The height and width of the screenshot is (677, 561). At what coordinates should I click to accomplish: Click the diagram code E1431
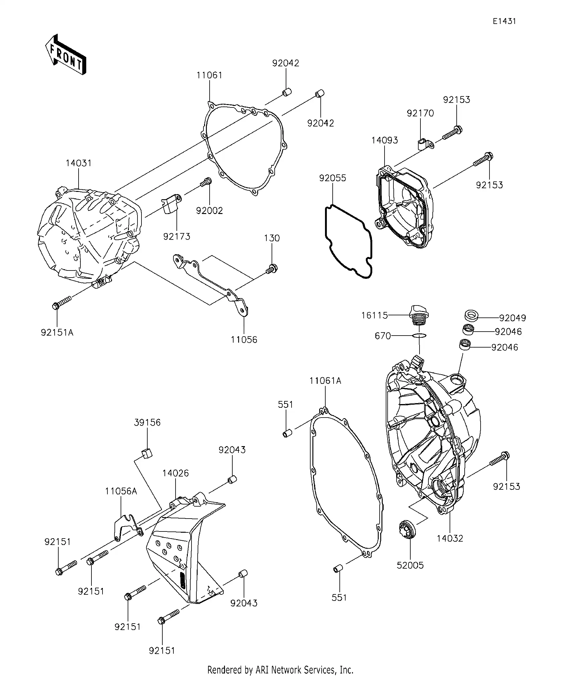click(x=504, y=21)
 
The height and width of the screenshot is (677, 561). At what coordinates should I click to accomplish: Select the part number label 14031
click(x=79, y=163)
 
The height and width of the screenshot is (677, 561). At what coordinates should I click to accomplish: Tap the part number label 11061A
click(x=325, y=381)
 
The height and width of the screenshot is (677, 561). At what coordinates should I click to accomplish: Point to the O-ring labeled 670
click(x=419, y=336)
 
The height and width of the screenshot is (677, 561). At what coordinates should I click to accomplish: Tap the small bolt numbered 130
click(x=272, y=269)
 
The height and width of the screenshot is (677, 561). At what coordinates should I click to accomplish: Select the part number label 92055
click(x=333, y=178)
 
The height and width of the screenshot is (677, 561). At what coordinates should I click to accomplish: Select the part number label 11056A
click(x=121, y=491)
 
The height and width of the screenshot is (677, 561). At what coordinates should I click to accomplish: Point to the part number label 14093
click(x=385, y=141)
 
